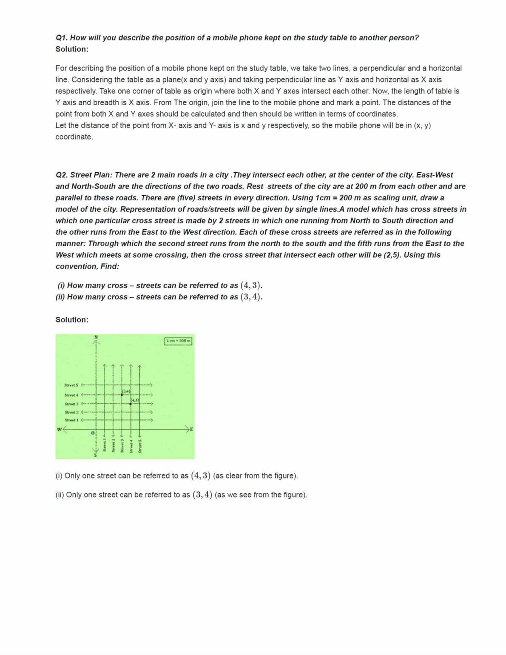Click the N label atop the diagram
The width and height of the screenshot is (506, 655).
[96, 337]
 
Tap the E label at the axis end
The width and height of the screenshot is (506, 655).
[191, 429]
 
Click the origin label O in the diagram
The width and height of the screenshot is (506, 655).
[92, 433]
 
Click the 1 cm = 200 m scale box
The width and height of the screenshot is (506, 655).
[178, 341]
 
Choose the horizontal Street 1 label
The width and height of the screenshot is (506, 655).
[71, 420]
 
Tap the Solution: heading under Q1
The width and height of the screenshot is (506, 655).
[72, 49]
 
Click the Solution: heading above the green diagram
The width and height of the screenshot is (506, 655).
[72, 320]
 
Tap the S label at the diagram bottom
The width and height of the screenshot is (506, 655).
[96, 455]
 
